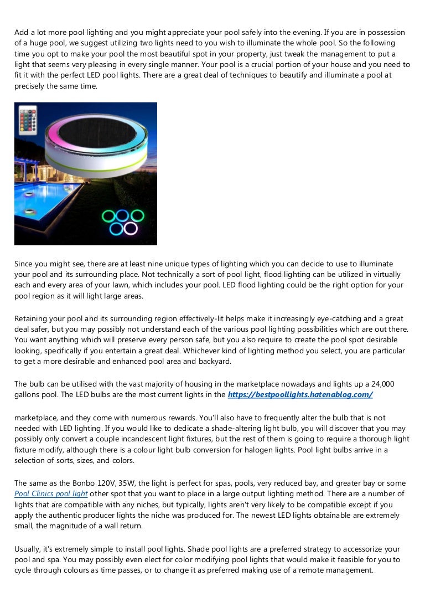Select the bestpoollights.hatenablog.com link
point(300,394)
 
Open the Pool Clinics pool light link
point(51,493)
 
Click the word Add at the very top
point(22,33)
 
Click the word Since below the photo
point(24,264)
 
